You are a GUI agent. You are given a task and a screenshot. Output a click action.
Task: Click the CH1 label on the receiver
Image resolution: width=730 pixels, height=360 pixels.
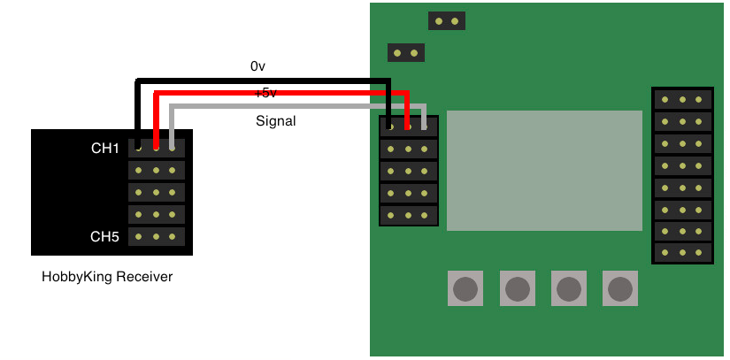point(104,149)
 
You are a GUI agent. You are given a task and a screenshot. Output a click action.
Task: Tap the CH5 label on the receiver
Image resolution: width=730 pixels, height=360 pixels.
point(104,237)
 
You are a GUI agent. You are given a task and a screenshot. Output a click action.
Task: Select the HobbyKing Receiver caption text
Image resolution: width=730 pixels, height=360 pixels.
point(107,277)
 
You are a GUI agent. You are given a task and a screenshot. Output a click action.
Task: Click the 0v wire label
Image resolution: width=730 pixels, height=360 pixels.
point(258,66)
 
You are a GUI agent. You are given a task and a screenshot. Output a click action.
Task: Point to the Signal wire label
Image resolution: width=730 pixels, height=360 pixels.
point(276,121)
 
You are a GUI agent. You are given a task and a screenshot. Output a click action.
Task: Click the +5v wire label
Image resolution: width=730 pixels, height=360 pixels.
point(265,93)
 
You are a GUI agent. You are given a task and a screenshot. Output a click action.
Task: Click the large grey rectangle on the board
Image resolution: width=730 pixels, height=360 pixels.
point(544,171)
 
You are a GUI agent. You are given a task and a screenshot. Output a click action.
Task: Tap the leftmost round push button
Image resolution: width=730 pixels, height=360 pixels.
point(465,287)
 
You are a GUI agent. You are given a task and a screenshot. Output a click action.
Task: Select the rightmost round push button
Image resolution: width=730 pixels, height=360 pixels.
point(619,287)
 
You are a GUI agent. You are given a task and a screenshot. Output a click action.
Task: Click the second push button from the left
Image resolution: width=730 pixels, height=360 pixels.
point(517,287)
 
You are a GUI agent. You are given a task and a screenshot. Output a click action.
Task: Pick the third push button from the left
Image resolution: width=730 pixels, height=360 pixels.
point(568,287)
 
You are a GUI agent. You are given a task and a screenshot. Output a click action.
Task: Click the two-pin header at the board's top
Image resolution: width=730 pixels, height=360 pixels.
point(446,20)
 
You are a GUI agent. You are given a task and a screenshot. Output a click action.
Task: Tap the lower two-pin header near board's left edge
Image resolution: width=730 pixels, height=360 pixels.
point(406,53)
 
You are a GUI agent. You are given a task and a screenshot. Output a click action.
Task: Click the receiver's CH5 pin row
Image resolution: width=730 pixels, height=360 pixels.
point(157,237)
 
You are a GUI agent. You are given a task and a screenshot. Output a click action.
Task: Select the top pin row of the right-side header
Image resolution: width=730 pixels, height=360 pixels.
point(682,99)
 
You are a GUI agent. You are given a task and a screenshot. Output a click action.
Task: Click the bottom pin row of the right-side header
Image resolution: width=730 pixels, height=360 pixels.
point(682,253)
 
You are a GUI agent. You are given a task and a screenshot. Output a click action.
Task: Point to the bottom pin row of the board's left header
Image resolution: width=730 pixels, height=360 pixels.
point(409,215)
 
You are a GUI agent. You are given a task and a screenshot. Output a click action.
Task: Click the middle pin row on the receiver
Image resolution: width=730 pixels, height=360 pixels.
point(157,193)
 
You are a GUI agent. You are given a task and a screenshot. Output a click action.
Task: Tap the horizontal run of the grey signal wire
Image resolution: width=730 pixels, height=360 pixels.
point(292,107)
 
